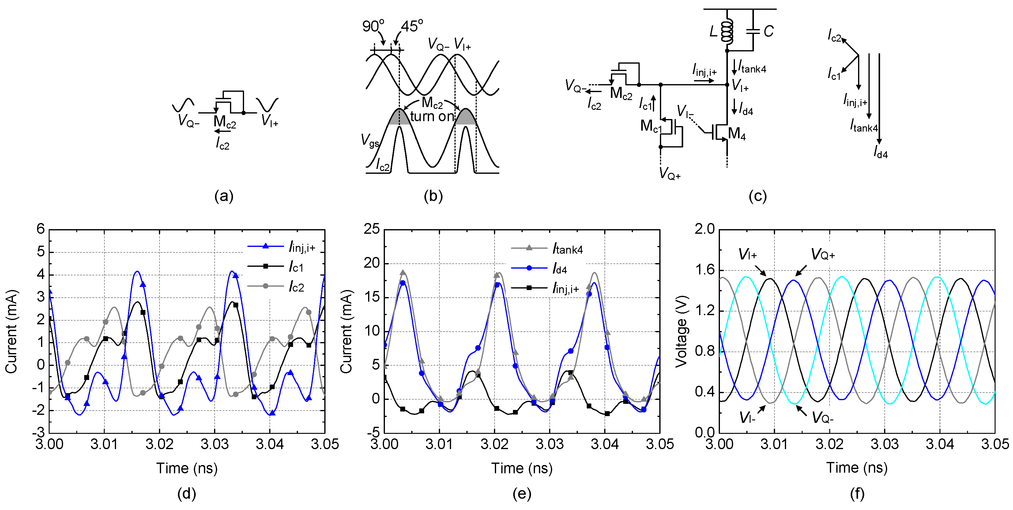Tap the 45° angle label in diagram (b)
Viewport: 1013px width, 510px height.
(412, 26)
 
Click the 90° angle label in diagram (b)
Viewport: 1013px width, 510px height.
(373, 26)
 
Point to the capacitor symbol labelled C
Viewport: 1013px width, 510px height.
(753, 32)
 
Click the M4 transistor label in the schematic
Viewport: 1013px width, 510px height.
(736, 134)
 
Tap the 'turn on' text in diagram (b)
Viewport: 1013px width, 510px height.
(432, 116)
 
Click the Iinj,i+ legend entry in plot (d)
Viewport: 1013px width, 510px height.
(302, 247)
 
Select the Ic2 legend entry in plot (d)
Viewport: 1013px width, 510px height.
(296, 287)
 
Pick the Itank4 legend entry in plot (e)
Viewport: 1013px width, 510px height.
(567, 249)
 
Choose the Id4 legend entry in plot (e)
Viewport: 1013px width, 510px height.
(559, 269)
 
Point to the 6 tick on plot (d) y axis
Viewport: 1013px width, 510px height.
(40, 229)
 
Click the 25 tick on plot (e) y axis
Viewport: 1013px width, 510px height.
(372, 229)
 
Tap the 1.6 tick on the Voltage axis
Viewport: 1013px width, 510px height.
(704, 270)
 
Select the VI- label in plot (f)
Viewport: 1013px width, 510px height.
(747, 417)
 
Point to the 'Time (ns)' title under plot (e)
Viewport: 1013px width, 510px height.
(522, 468)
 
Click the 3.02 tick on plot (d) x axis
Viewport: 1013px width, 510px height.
(159, 445)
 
